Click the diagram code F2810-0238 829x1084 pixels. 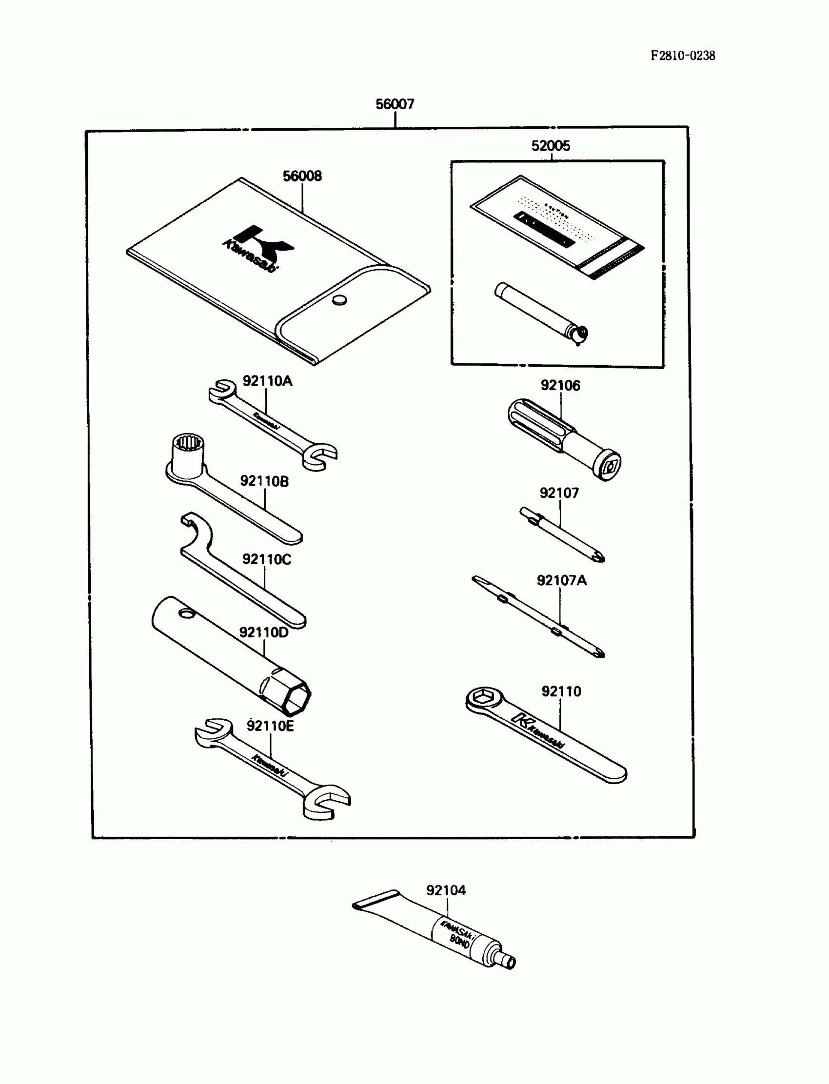click(682, 56)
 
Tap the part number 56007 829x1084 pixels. click(395, 104)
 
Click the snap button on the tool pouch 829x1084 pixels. click(339, 299)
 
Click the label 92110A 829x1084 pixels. click(267, 381)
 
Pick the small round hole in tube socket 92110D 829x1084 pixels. click(186, 613)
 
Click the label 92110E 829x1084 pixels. click(270, 726)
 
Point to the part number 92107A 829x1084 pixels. click(562, 580)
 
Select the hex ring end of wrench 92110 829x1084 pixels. click(482, 698)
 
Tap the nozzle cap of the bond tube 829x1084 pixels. click(509, 962)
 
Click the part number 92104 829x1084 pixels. click(446, 890)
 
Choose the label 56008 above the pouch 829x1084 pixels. click(302, 176)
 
